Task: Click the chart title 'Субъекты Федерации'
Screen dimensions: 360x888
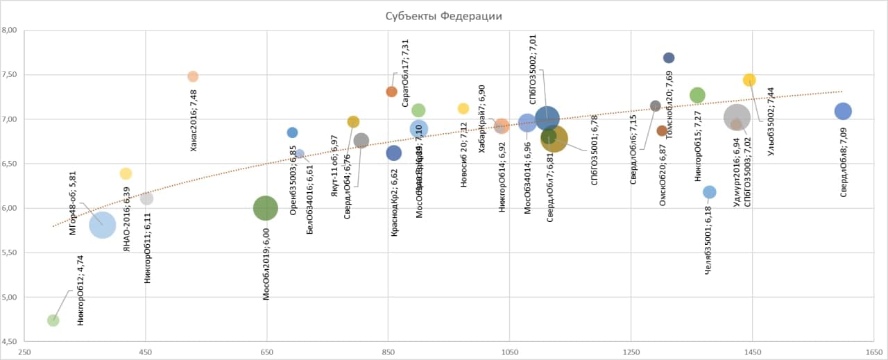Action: (443, 17)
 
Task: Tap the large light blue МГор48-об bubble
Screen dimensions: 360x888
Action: (102, 224)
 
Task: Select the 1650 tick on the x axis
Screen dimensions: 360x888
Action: (873, 352)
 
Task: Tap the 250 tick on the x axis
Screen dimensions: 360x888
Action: (24, 352)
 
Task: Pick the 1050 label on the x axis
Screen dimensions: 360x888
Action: (509, 352)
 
